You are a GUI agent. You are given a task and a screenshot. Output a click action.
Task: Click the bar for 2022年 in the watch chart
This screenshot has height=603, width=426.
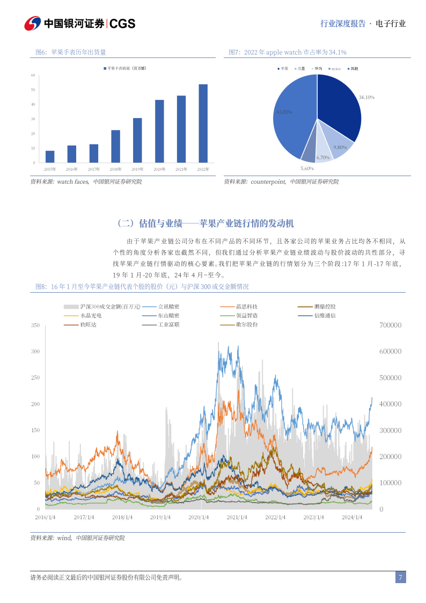(x=203, y=123)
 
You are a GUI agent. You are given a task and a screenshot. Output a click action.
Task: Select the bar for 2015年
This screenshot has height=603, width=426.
(x=50, y=156)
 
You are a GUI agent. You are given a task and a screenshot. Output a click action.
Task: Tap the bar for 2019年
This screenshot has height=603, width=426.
(x=137, y=140)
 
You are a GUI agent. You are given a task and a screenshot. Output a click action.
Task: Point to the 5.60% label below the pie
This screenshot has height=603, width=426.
(x=307, y=169)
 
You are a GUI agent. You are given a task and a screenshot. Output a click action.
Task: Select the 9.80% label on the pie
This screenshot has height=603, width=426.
(x=340, y=147)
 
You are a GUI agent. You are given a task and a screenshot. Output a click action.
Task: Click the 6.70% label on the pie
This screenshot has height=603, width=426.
(x=323, y=157)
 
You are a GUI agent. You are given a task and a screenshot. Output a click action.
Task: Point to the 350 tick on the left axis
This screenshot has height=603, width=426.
(x=35, y=325)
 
